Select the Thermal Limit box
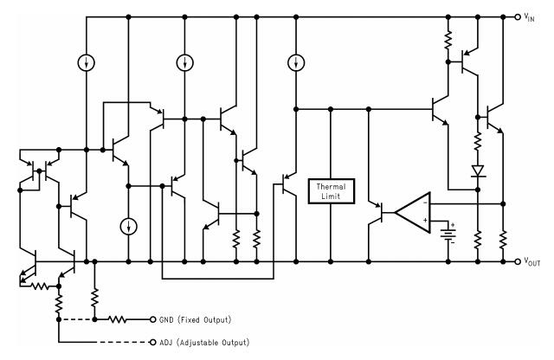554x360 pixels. (331, 190)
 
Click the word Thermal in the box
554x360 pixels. (331, 185)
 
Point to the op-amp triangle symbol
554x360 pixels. (413, 211)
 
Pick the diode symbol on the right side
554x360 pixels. (476, 171)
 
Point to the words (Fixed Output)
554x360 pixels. (207, 318)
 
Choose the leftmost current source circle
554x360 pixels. (87, 61)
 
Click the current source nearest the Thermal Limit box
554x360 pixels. (296, 61)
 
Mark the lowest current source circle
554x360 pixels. (128, 227)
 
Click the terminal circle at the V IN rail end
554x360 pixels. (519, 16)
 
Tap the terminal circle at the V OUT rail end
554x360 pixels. (519, 260)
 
